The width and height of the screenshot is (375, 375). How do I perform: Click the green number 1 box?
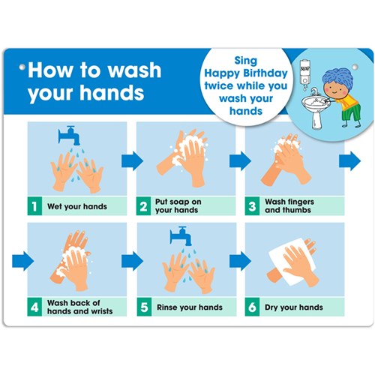[x=34, y=206]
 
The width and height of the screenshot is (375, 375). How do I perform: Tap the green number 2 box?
[x=143, y=206]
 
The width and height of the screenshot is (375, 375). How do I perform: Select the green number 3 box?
[x=252, y=206]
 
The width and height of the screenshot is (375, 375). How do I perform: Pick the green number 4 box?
[x=34, y=307]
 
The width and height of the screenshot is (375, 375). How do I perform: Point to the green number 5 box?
[x=144, y=307]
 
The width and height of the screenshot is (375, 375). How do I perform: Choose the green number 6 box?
[x=252, y=307]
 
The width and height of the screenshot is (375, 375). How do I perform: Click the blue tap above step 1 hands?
[x=69, y=135]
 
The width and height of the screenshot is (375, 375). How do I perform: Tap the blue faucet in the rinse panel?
[x=181, y=235]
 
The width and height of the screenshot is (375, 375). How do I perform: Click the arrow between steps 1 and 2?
[x=132, y=161]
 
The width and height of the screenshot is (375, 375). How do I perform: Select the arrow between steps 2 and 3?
[x=240, y=161]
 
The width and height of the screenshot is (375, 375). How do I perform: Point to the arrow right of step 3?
[x=349, y=161]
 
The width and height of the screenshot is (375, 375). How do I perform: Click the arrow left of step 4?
[x=22, y=261]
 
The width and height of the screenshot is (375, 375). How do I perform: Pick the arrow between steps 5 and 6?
[x=240, y=261]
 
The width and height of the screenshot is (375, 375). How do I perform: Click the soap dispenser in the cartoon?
[x=304, y=72]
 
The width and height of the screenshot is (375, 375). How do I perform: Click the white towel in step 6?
[x=291, y=261]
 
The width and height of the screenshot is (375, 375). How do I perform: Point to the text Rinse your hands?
[x=190, y=307]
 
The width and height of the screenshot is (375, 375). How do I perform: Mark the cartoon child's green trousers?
[x=351, y=112]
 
